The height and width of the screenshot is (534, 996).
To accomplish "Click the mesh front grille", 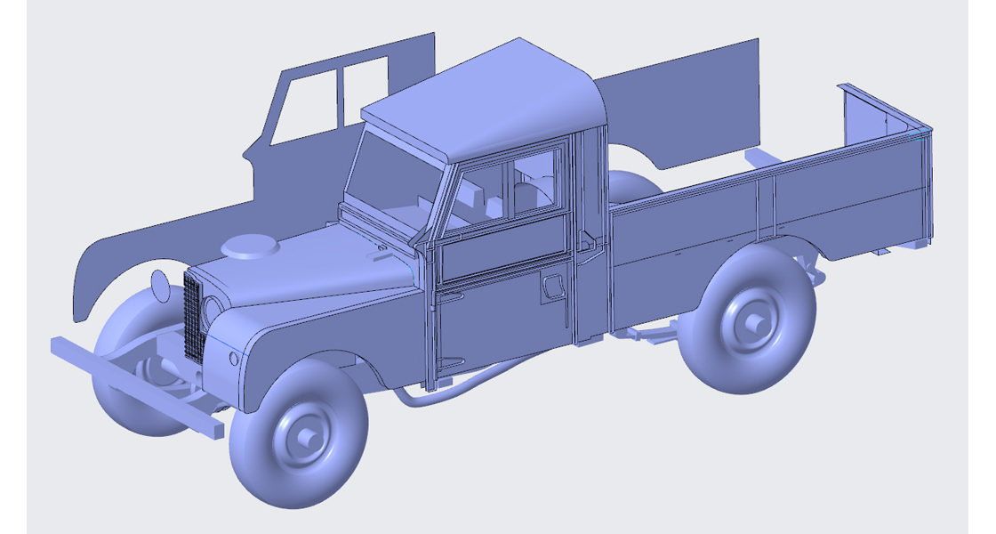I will point(194,316).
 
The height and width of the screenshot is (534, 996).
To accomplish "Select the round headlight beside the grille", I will point(213,311).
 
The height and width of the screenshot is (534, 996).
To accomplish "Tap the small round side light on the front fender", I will point(234,358).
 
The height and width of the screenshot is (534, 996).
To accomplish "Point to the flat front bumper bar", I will point(133,384).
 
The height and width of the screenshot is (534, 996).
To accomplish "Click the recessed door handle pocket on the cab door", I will point(552,287).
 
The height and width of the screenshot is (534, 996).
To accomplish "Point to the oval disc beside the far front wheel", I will point(160,286).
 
